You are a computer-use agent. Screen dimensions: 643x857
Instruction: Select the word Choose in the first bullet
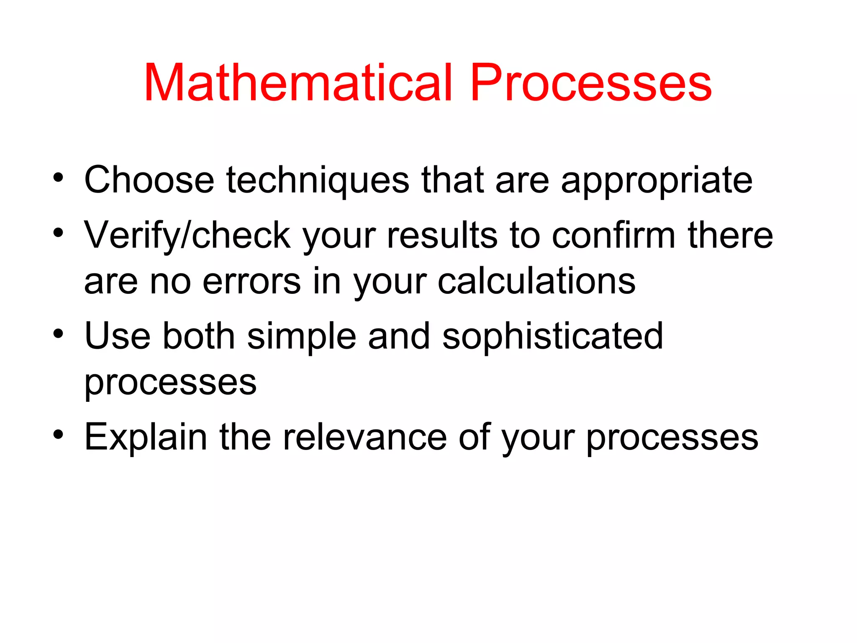click(149, 180)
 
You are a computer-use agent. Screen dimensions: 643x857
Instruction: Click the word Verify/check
click(187, 236)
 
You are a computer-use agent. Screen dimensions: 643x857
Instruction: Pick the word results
click(442, 236)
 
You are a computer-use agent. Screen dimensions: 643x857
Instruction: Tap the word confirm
click(613, 236)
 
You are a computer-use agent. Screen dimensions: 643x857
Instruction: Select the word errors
click(251, 281)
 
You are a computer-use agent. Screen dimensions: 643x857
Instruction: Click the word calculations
click(536, 281)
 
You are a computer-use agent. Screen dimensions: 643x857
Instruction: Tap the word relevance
click(364, 437)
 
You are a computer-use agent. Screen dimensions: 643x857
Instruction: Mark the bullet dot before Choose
click(58, 178)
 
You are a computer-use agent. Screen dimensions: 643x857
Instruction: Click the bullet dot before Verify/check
click(58, 232)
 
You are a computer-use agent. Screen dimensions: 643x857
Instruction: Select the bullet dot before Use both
click(58, 334)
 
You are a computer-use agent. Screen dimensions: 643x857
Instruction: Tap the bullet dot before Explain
click(58, 435)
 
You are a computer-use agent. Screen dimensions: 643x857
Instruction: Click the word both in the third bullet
click(199, 336)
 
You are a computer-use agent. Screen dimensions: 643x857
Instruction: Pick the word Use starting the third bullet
click(117, 336)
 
